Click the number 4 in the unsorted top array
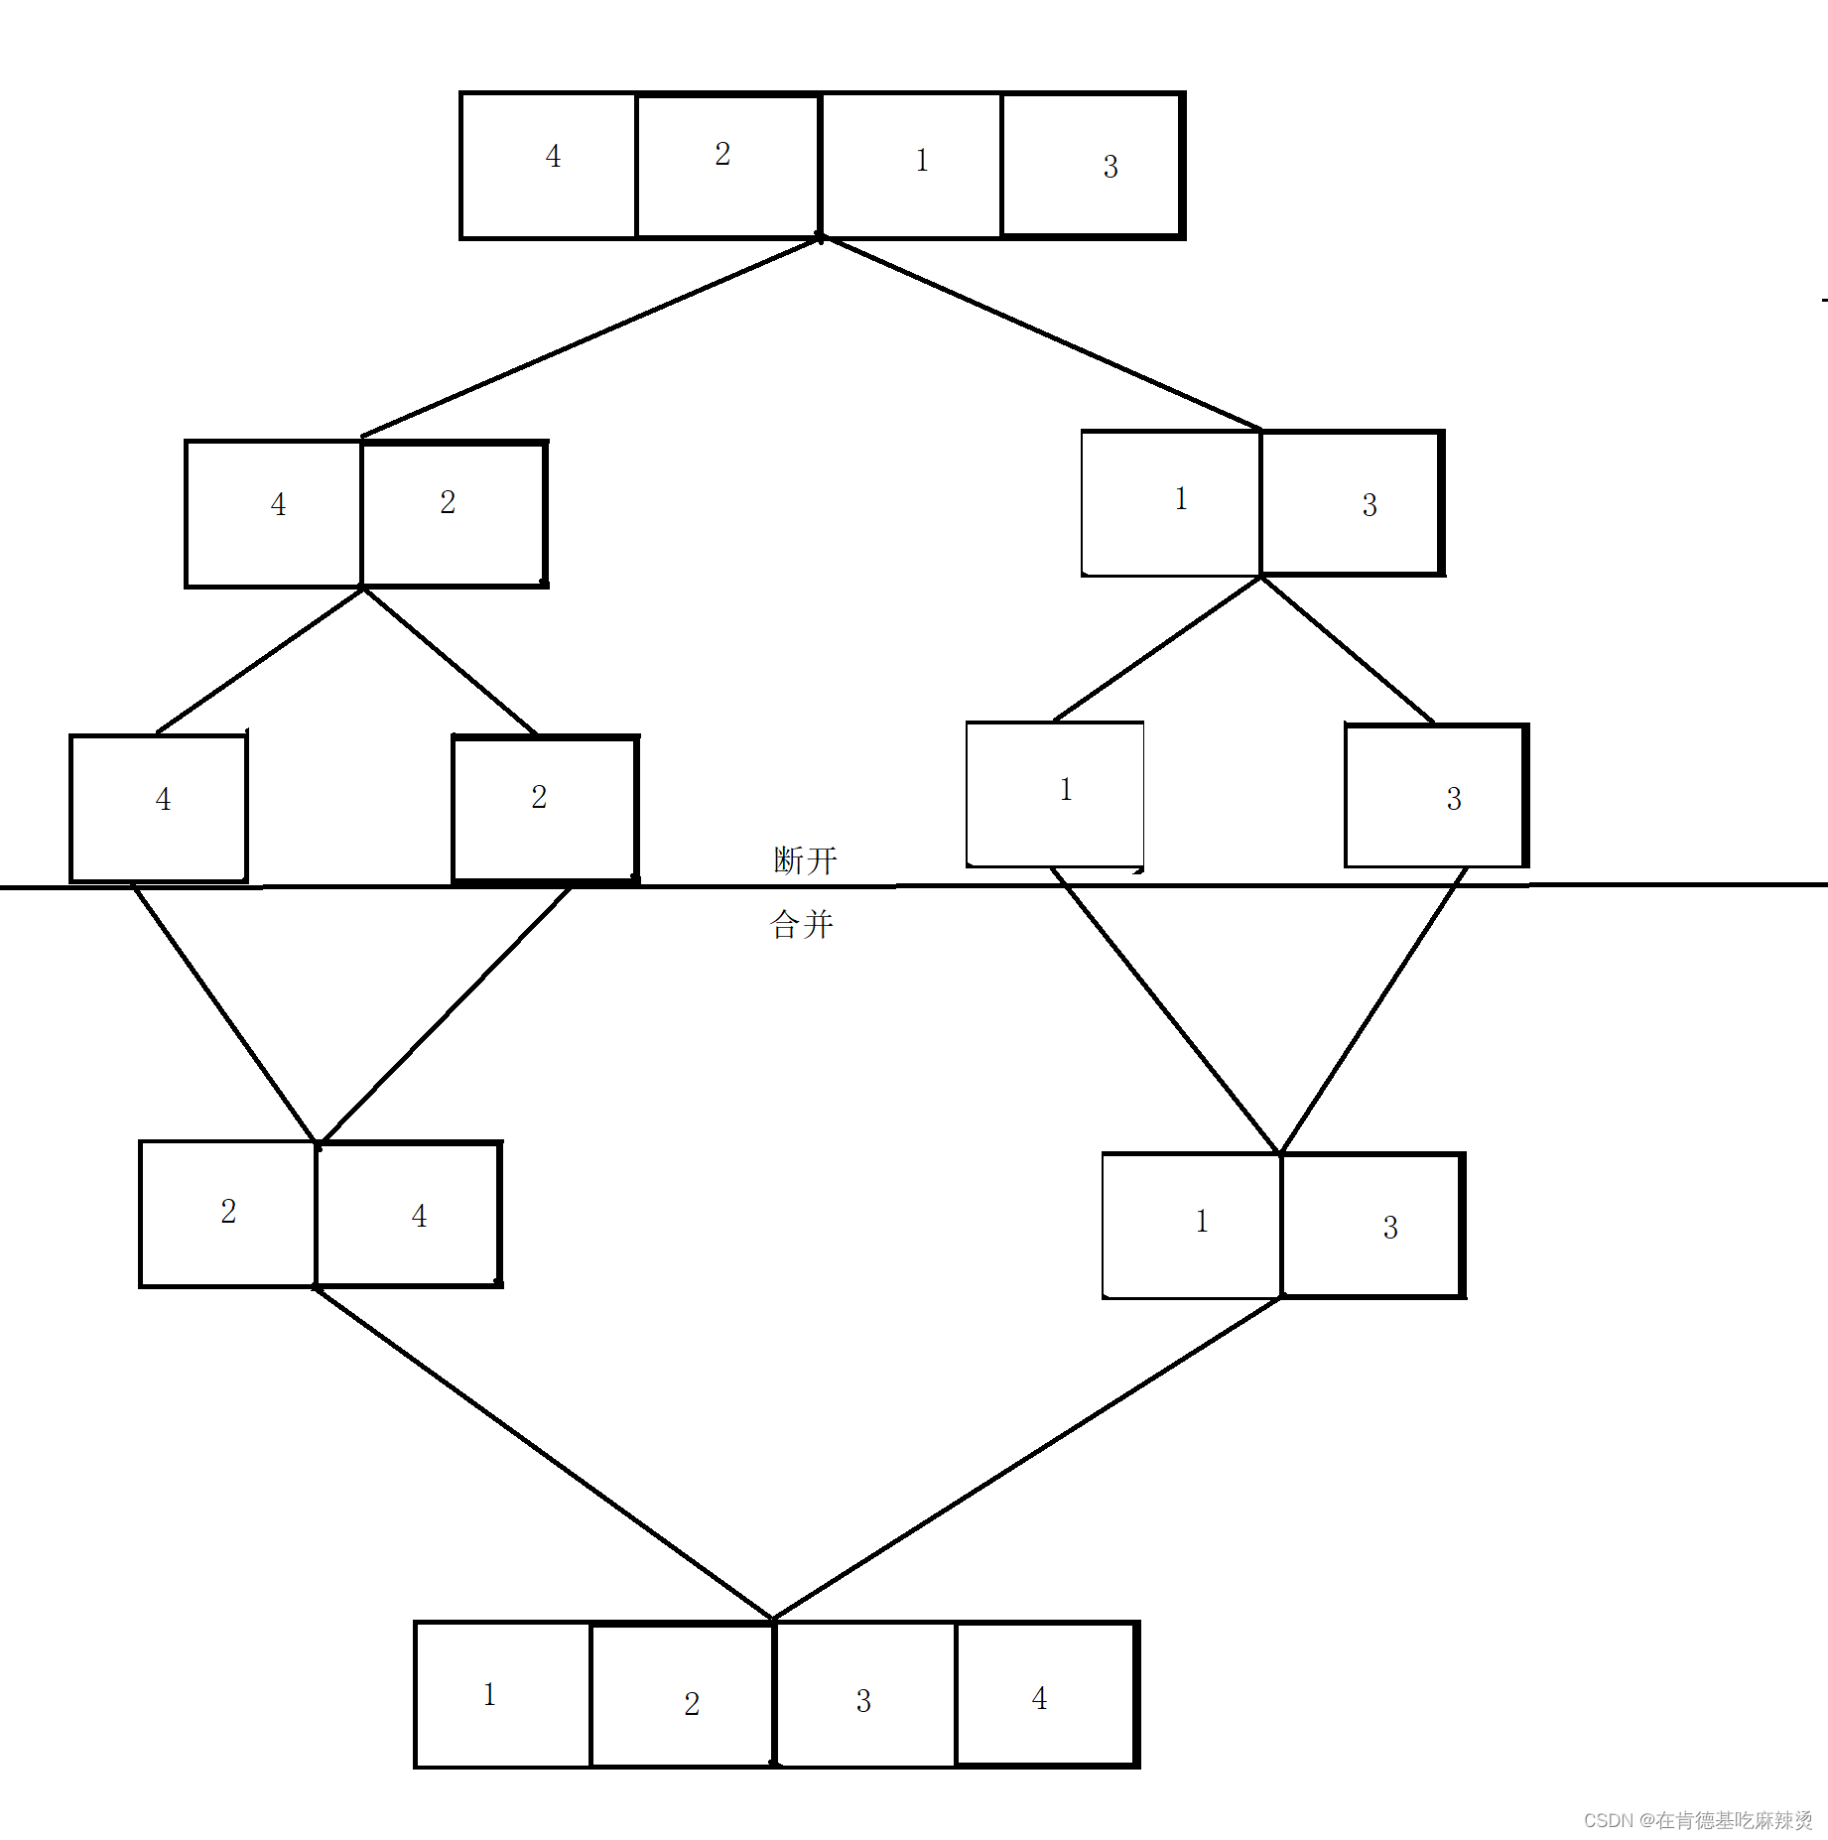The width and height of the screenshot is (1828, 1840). tap(553, 157)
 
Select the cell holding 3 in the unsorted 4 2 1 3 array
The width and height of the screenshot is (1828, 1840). tap(1092, 166)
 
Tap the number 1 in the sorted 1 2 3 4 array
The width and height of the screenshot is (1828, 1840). tap(489, 1694)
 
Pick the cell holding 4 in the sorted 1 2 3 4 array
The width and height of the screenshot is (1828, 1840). tap(1045, 1694)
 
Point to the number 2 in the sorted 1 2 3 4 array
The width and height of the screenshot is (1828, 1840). tap(692, 1703)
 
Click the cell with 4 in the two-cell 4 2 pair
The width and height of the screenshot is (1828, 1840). tap(274, 513)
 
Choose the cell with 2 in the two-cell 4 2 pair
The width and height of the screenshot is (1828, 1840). tap(454, 513)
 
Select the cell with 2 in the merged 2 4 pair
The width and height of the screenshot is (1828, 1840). tap(228, 1213)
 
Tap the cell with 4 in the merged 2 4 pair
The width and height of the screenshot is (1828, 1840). tap(408, 1214)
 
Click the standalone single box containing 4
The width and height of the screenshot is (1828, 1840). tap(159, 807)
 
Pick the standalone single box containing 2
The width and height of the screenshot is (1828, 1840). tap(544, 807)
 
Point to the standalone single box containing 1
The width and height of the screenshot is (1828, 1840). tap(1055, 794)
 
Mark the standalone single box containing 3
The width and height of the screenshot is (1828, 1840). tap(1436, 796)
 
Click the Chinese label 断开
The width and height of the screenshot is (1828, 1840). tap(805, 860)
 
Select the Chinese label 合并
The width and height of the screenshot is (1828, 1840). tap(801, 925)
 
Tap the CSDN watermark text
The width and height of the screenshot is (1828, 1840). tap(1697, 1819)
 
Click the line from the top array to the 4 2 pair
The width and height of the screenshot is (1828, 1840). tap(590, 337)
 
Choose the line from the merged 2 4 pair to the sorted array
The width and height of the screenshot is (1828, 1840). tap(544, 1453)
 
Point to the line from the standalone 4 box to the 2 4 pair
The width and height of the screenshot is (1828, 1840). tap(224, 1012)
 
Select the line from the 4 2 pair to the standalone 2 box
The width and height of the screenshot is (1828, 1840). tap(451, 661)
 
